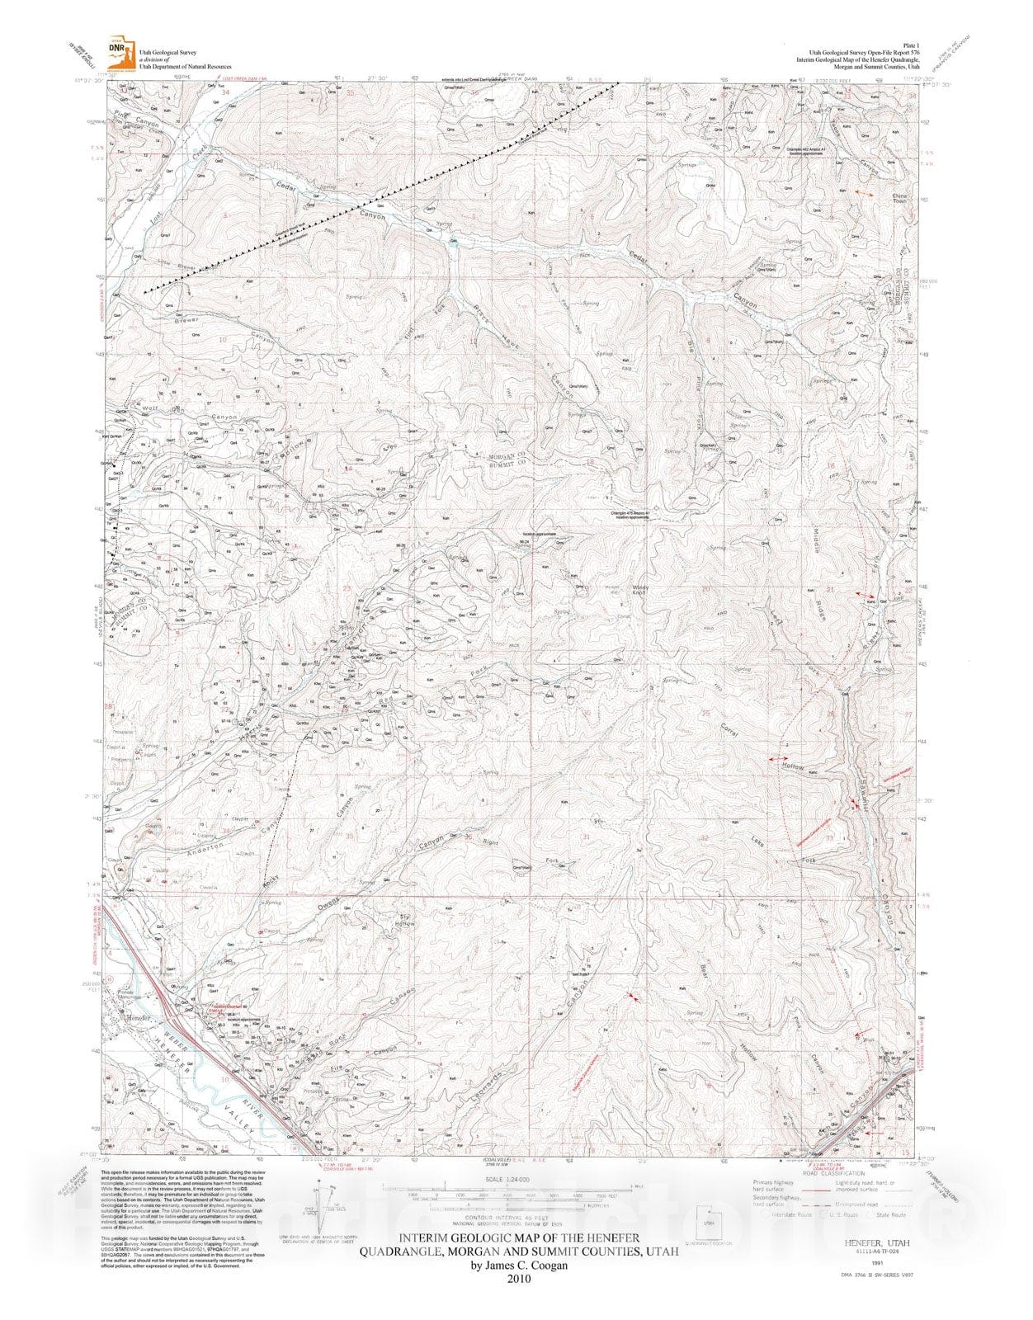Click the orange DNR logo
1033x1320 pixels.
(120, 53)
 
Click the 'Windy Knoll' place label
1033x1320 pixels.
(641, 591)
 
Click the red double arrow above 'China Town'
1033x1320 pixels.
(864, 192)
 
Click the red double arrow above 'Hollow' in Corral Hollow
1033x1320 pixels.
(778, 757)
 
